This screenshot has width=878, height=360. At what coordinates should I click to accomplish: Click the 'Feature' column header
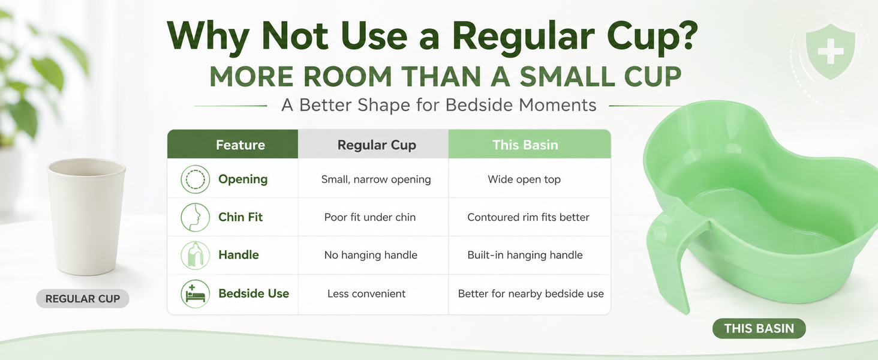[x=240, y=145]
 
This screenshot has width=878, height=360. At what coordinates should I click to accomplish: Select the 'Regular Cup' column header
[x=376, y=145]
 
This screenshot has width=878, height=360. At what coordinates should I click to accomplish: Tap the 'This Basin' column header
[x=525, y=145]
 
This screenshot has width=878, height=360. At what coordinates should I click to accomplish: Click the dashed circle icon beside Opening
[x=195, y=179]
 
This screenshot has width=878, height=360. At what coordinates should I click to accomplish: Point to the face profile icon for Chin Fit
[x=195, y=217]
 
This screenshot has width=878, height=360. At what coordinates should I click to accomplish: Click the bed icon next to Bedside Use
[x=195, y=293]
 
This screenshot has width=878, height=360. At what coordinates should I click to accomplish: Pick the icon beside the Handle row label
[x=195, y=255]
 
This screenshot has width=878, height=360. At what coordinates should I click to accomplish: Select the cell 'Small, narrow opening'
[x=376, y=179]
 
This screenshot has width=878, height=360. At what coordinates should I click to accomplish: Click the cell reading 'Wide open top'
[x=524, y=179]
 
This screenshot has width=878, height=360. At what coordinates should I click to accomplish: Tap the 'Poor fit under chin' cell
[x=369, y=217]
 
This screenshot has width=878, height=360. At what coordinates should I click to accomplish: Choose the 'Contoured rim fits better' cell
[x=528, y=217]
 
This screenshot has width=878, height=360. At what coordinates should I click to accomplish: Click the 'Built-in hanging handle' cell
[x=525, y=255]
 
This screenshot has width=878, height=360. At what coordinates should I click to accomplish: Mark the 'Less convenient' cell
[x=366, y=293]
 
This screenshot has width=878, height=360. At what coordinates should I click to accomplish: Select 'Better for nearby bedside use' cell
[x=531, y=293]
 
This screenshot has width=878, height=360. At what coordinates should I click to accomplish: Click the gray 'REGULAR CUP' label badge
[x=82, y=298]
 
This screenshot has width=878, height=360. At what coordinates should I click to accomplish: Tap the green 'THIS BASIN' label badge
[x=759, y=328]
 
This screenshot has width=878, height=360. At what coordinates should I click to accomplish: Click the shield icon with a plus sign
[x=830, y=52]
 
